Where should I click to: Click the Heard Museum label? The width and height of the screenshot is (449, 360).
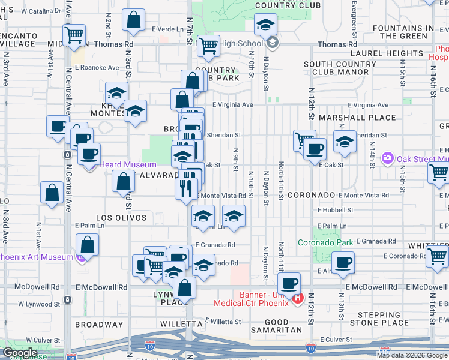pos(127,164)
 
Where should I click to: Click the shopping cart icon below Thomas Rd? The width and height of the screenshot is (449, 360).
pos(208,45)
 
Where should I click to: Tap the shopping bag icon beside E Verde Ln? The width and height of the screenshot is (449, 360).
pos(133,20)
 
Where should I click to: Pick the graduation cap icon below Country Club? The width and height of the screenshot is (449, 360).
pos(265,25)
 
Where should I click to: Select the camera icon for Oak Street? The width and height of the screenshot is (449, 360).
pos(387,158)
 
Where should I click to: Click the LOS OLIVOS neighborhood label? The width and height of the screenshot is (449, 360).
pos(119,217)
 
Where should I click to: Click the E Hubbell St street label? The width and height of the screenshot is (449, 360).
pos(337,211)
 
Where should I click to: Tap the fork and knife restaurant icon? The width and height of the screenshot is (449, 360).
pos(186,187)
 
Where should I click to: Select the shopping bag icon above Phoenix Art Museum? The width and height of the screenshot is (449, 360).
pos(88,245)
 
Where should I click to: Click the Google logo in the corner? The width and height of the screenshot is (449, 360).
pos(20,353)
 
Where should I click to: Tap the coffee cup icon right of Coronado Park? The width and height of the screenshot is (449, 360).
pos(343,262)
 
